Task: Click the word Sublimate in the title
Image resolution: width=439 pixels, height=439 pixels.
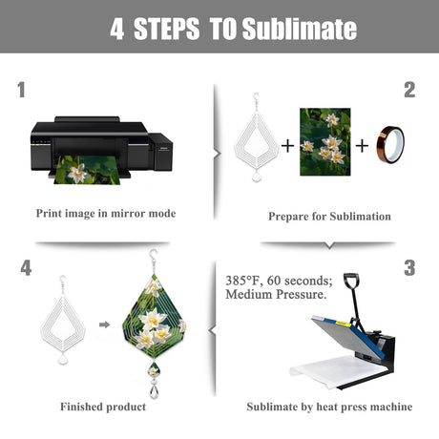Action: coord(300,29)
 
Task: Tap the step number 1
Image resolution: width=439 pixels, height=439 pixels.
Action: coord(21,90)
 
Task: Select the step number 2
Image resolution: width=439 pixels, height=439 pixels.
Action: coord(409,90)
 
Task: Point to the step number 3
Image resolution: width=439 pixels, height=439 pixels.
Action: coord(409,268)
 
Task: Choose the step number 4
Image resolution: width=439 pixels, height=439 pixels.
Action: coord(26,268)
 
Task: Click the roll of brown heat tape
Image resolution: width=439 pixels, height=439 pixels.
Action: coord(390,145)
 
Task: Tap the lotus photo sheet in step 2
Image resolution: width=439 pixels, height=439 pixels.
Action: coord(325,142)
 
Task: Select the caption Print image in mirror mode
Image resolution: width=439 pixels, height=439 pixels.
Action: coord(106,213)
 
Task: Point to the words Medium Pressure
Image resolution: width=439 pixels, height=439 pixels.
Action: coord(276,294)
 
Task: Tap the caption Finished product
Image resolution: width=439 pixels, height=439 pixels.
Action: coord(103,407)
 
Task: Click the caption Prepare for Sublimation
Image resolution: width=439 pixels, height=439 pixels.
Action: coord(329,217)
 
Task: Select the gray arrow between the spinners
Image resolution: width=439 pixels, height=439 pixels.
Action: coord(104,324)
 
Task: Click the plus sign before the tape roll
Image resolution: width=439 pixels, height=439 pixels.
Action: coord(362,146)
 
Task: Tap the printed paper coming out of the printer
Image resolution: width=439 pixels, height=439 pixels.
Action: coord(88,170)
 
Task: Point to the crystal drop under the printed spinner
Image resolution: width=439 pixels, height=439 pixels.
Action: coord(155,391)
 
